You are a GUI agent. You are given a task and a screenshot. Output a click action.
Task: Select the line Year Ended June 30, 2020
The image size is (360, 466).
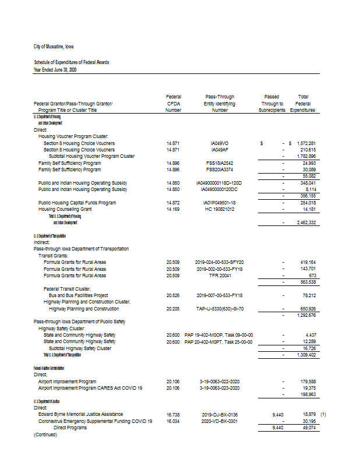click(x=55, y=70)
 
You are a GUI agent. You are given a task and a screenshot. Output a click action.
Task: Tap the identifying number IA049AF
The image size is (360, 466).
click(x=220, y=149)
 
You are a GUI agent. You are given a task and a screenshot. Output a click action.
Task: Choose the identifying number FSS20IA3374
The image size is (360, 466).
click(x=220, y=170)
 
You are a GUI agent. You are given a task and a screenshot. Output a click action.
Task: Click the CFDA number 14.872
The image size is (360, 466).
click(x=172, y=203)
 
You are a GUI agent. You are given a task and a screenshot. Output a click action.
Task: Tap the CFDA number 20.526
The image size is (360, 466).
click(x=172, y=295)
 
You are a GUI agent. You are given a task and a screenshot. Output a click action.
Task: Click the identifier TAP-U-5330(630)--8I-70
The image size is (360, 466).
click(x=220, y=308)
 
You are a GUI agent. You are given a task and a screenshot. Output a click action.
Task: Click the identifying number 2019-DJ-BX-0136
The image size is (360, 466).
click(x=220, y=414)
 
